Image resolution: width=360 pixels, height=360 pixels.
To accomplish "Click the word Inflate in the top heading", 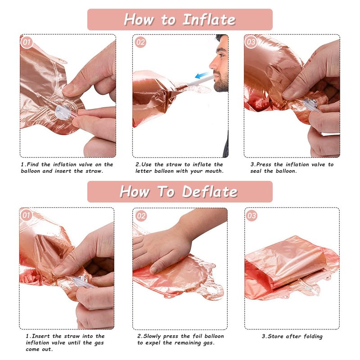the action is point(209,20).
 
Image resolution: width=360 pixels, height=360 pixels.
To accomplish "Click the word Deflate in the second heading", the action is point(210,192).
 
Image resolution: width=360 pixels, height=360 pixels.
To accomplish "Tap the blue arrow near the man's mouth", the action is point(202,75).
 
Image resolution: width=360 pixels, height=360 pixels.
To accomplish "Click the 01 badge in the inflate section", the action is point(27,42).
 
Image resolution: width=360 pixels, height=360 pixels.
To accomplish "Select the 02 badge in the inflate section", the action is point(140,42).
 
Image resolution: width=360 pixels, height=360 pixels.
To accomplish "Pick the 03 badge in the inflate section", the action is point(251,42).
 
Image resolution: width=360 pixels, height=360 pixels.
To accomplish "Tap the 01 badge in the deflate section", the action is point(26,216).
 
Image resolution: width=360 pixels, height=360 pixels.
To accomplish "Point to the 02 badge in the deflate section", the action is point(141,216).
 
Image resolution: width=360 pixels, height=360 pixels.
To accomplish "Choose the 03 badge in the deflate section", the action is point(252,216).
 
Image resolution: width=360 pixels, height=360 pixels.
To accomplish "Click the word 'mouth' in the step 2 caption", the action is point(214,171).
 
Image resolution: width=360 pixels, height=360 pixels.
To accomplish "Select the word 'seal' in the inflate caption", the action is point(256,171).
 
